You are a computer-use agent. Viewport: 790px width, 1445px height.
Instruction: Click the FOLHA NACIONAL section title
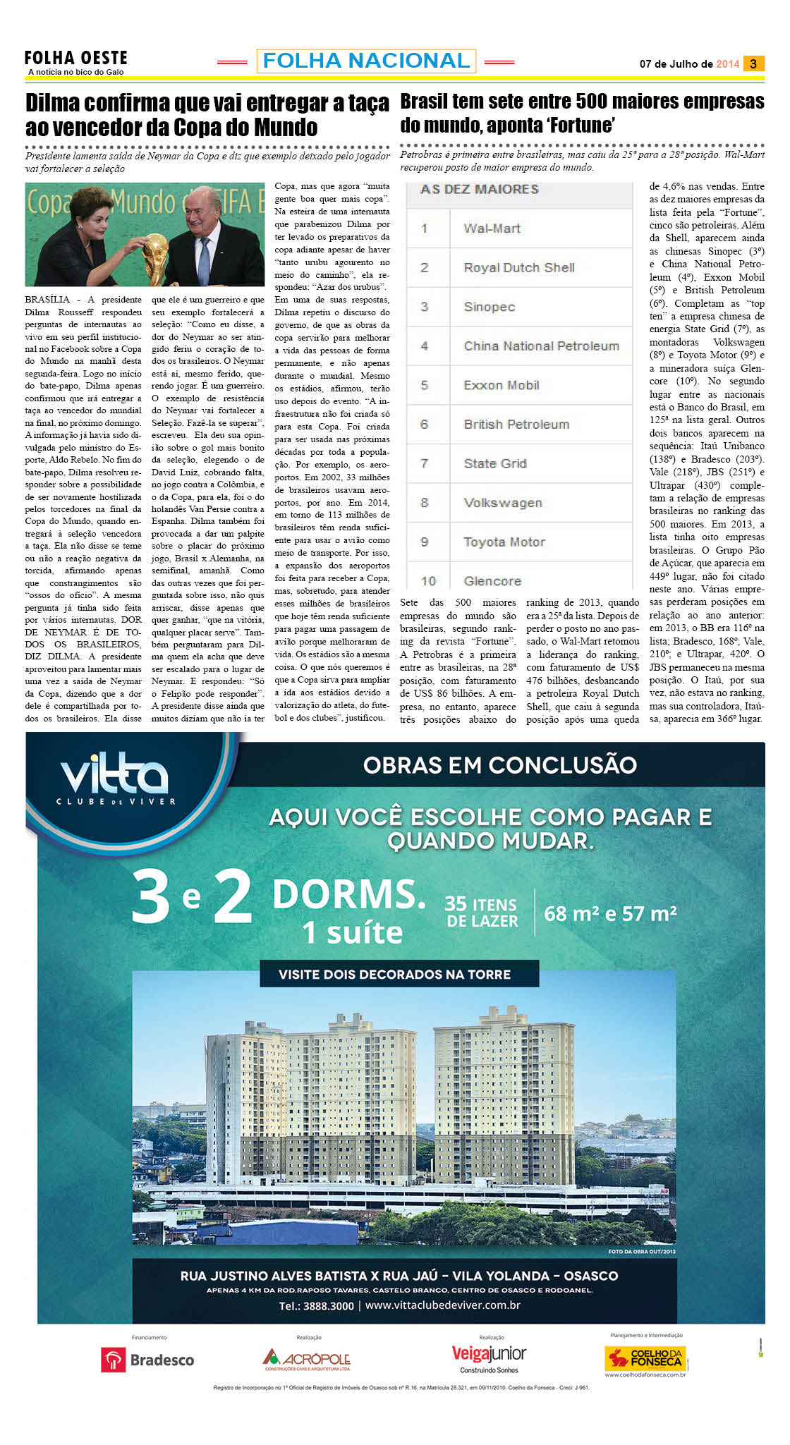click(x=366, y=61)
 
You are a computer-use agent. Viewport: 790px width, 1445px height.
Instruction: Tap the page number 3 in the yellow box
click(x=753, y=63)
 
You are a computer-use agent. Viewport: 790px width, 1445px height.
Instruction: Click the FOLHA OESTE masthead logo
click(x=75, y=59)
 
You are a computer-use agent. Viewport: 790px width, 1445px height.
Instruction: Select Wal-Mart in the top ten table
click(x=492, y=228)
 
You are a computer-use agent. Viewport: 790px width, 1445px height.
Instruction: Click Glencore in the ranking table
click(x=492, y=581)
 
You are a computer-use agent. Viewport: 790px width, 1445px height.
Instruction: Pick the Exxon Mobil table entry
click(x=502, y=385)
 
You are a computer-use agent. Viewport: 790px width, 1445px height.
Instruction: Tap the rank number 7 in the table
click(x=424, y=463)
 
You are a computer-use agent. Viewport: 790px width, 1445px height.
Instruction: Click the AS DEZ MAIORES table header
click(x=479, y=190)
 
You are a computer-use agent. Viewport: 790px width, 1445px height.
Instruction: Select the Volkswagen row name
click(x=503, y=503)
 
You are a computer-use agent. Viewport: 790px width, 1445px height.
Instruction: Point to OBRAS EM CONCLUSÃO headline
click(x=500, y=765)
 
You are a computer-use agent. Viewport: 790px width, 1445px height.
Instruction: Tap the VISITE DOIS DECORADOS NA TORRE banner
click(x=394, y=975)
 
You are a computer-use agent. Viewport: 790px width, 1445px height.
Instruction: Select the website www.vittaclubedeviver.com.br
click(x=443, y=1305)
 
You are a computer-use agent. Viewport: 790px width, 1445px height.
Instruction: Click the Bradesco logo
click(x=148, y=1360)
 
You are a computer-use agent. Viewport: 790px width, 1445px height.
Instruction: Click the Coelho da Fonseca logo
click(x=645, y=1358)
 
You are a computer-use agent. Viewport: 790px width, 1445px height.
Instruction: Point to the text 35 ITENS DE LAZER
click(x=482, y=913)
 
